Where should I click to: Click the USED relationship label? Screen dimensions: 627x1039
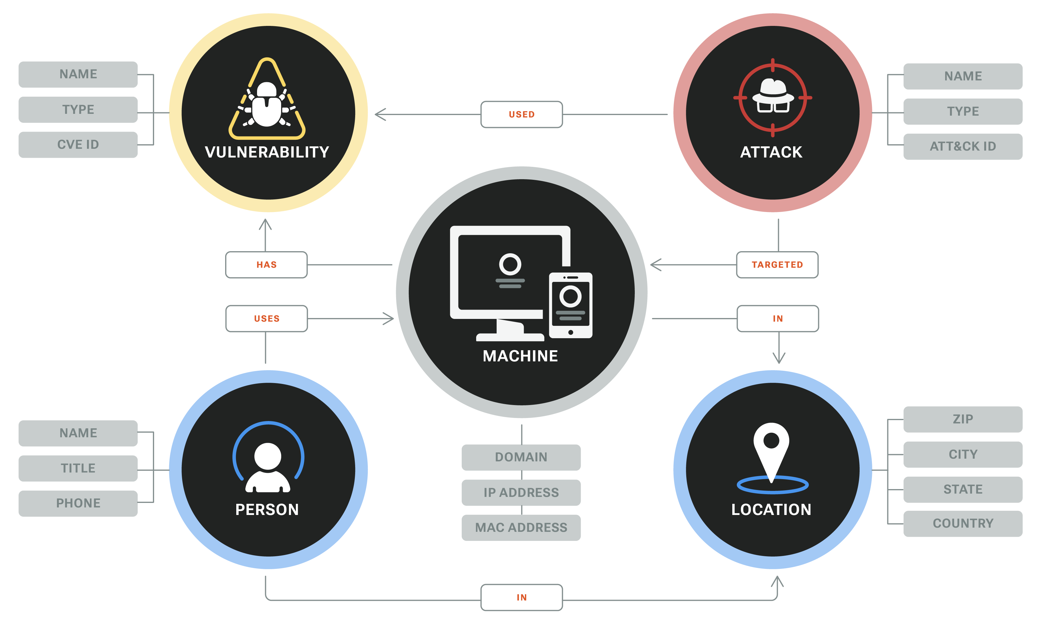tap(521, 114)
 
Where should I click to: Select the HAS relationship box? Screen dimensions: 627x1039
tap(266, 264)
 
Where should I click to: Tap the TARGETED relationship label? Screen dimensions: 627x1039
tap(777, 264)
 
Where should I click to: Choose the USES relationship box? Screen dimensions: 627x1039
tap(266, 319)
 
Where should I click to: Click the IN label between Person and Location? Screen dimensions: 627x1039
tap(522, 597)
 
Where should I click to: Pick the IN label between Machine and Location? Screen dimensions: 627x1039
tap(777, 319)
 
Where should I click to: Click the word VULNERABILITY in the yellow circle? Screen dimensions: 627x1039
tap(267, 152)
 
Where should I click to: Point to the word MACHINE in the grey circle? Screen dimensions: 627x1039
tap(520, 356)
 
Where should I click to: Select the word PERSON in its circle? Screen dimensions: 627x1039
tap(267, 509)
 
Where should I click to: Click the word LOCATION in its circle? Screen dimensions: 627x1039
tap(771, 509)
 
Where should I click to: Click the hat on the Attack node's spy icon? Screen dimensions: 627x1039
tap(773, 89)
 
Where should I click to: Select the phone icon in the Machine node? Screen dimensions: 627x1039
tap(571, 305)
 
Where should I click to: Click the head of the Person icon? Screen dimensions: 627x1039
tap(268, 456)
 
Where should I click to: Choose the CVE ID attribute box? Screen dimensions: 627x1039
tap(78, 145)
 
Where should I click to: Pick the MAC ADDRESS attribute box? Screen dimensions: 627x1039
tap(521, 527)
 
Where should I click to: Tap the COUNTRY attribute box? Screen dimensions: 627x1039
tap(963, 524)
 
